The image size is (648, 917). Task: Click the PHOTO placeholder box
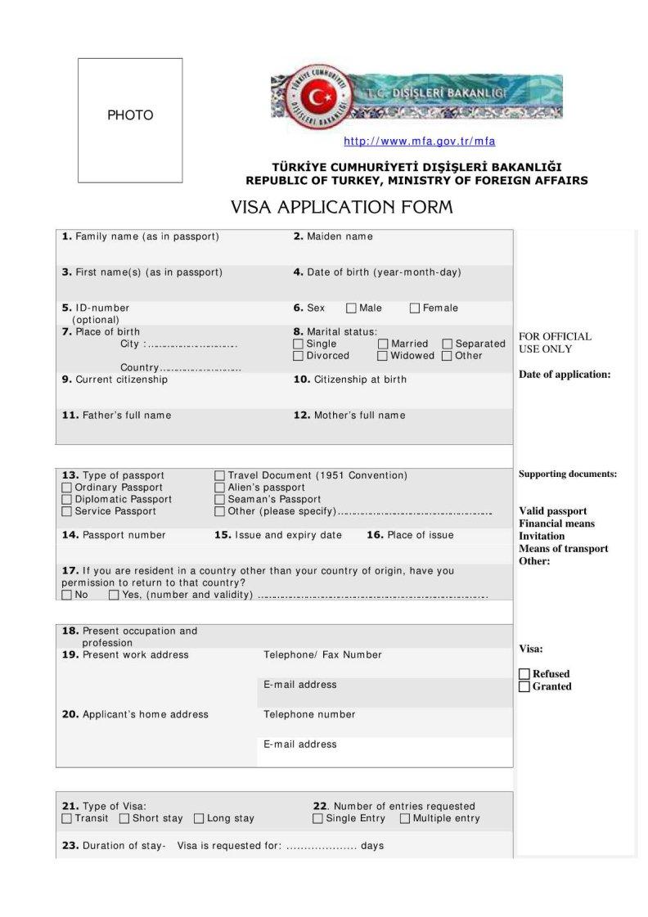tap(130, 120)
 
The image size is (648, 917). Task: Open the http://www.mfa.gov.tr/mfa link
tap(419, 142)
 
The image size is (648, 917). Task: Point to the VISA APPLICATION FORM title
tap(341, 207)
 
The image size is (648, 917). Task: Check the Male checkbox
tap(351, 308)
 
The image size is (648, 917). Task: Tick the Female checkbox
tap(415, 308)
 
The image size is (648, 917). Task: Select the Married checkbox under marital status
tap(383, 344)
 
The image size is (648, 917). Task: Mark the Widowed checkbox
tap(383, 356)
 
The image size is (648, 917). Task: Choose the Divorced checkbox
tap(298, 356)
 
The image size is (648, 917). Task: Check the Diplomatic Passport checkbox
tap(67, 500)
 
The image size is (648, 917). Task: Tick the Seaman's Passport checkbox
tap(219, 500)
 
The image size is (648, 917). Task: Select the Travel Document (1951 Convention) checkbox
tap(219, 476)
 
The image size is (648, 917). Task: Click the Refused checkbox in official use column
tap(524, 674)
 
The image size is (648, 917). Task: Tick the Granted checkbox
tap(524, 686)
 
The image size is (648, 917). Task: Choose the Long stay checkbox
tap(199, 819)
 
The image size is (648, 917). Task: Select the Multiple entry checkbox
tap(405, 819)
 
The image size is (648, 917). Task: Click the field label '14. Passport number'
tap(114, 535)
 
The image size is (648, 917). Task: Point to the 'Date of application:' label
tap(565, 375)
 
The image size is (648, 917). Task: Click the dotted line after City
tap(191, 345)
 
